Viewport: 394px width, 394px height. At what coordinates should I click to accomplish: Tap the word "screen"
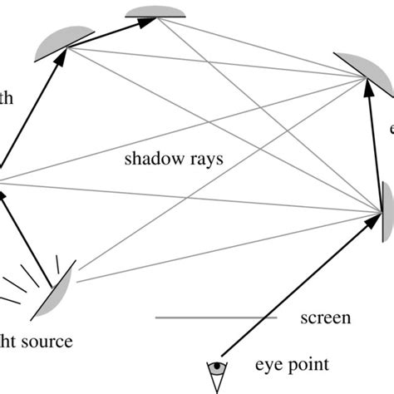click(325, 318)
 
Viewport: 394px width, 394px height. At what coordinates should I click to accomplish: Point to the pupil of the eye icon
click(219, 365)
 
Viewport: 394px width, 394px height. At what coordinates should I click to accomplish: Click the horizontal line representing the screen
click(204, 318)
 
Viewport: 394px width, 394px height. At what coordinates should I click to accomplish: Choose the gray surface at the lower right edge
click(387, 204)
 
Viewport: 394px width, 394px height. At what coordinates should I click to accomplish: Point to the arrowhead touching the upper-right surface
click(368, 86)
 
